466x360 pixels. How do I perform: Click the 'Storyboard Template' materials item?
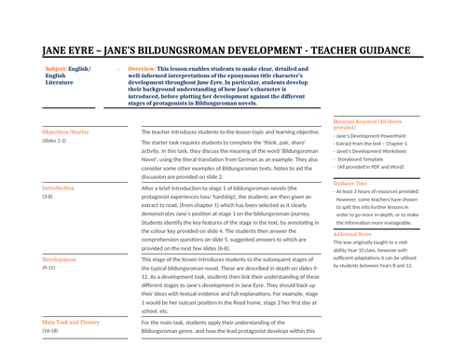coord(366,160)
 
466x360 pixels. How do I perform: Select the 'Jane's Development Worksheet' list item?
coord(375,152)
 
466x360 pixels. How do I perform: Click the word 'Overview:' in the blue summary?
coord(142,69)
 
